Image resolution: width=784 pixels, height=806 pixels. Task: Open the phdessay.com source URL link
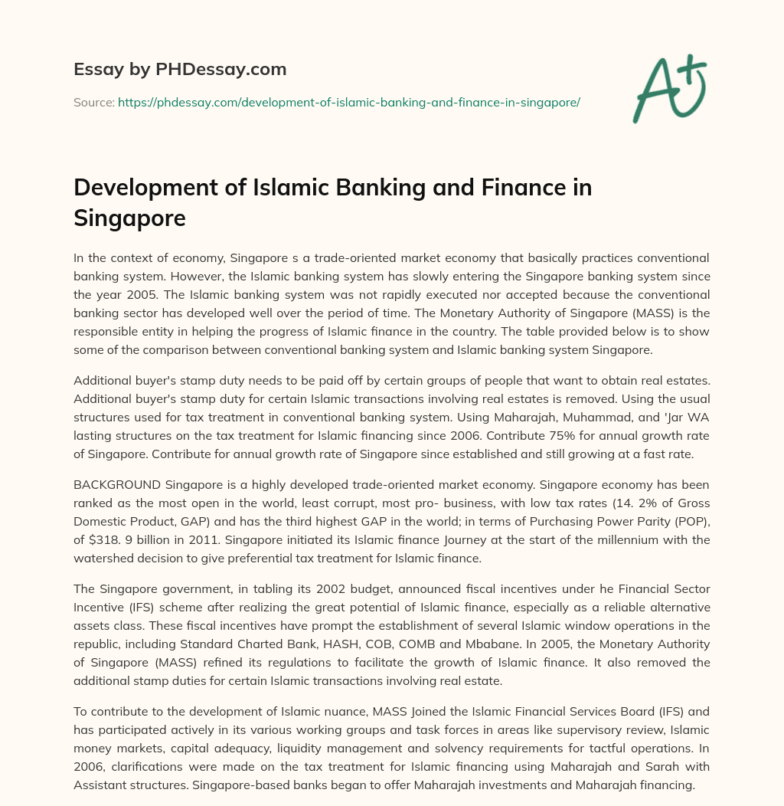point(348,102)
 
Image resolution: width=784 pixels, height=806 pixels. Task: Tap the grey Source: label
point(93,102)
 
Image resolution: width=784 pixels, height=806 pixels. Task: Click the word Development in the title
point(137,188)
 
